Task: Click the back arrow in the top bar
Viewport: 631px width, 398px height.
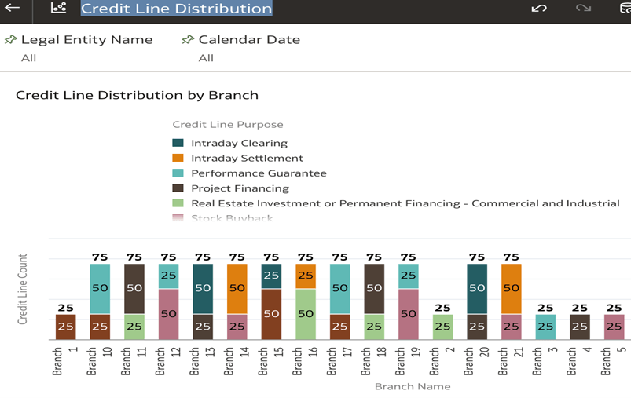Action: click(12, 9)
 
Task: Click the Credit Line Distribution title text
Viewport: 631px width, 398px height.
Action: click(176, 9)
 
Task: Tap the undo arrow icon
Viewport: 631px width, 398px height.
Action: click(538, 9)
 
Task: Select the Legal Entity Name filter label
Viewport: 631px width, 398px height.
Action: click(86, 39)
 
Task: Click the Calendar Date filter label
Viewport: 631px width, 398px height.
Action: click(249, 39)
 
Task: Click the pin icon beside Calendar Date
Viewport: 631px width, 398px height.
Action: click(188, 39)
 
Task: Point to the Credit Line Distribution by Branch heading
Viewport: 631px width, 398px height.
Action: click(137, 95)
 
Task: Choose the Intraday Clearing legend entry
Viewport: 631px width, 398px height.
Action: click(239, 143)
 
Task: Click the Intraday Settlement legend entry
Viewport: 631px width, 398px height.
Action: click(247, 158)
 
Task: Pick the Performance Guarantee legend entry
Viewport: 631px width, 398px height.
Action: click(259, 173)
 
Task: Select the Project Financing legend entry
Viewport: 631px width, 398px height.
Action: click(240, 188)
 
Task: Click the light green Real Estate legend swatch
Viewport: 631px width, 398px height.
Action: click(178, 203)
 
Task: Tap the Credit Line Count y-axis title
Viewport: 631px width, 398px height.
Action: click(23, 289)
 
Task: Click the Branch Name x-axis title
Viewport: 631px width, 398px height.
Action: click(412, 386)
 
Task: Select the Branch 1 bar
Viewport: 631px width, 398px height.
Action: click(65, 327)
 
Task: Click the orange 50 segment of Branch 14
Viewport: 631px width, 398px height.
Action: click(237, 288)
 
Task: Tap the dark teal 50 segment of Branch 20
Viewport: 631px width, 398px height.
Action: click(476, 288)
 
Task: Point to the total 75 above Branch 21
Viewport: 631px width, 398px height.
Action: click(511, 257)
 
